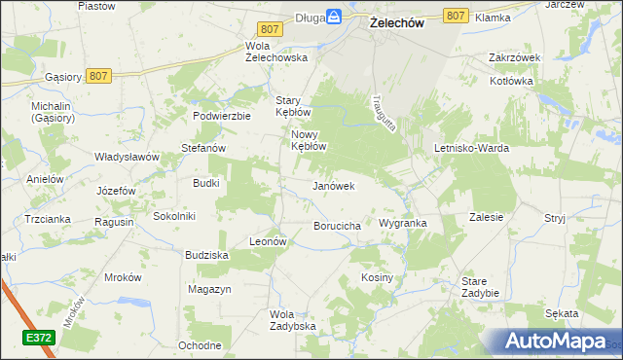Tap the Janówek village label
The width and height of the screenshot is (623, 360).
(x=332, y=185)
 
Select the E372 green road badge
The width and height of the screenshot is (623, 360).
(x=39, y=336)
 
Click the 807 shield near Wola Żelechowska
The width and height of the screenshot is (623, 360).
(x=272, y=30)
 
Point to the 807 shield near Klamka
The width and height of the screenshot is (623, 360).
(x=455, y=16)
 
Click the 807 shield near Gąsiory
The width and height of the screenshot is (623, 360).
(x=96, y=75)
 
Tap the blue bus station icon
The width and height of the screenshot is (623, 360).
(x=333, y=16)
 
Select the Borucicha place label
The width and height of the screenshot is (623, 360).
(x=338, y=226)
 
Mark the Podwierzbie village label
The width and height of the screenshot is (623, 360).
(x=222, y=115)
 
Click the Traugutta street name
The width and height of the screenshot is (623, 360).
(x=381, y=114)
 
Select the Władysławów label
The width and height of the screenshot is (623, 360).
(x=127, y=156)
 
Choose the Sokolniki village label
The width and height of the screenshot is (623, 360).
(x=175, y=215)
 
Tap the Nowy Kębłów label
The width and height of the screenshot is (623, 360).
(x=308, y=140)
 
